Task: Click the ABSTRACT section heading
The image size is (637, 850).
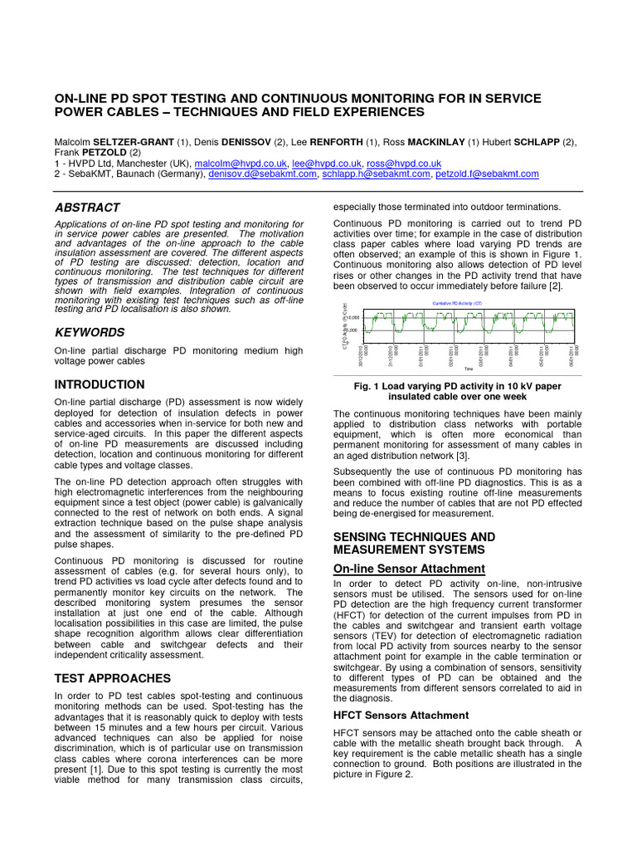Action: coord(87,208)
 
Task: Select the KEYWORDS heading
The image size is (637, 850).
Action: coord(90,332)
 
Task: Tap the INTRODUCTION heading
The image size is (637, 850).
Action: coord(100,384)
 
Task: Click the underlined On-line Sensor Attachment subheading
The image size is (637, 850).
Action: coord(409,569)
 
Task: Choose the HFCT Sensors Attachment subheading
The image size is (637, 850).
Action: coord(401,715)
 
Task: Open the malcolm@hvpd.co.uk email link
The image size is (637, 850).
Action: coord(240,164)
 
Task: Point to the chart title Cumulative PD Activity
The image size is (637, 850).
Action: coord(457,304)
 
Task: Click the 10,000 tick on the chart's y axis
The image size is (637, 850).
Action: coord(352,318)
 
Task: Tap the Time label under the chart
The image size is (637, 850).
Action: coord(469,369)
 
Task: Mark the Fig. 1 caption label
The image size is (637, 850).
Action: coord(367,386)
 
